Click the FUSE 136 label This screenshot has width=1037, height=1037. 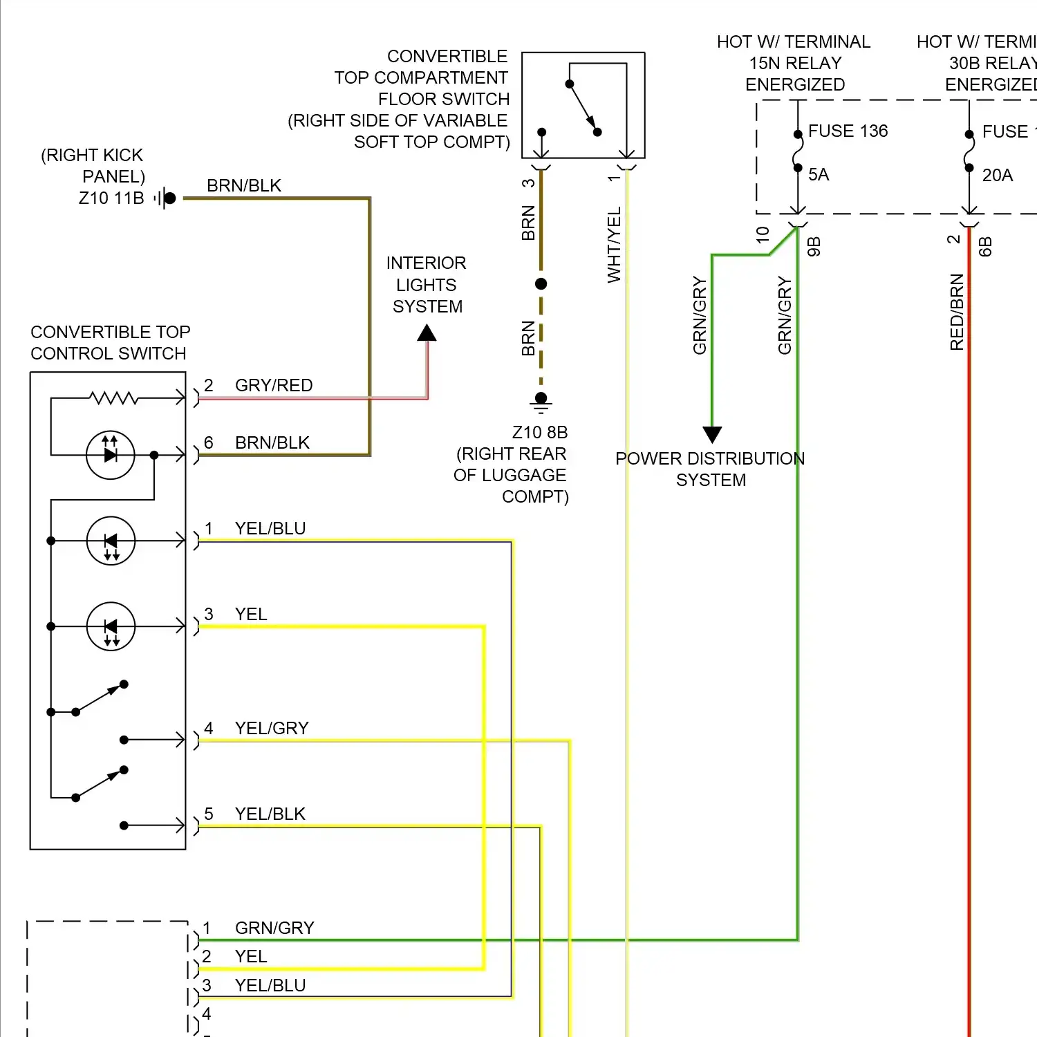pyautogui.click(x=848, y=131)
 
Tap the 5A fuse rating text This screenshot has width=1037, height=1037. pyautogui.click(x=819, y=175)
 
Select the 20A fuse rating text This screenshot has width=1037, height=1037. pyautogui.click(x=997, y=176)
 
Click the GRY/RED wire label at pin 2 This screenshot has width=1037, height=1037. pyautogui.click(x=274, y=386)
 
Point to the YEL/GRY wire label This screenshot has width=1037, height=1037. pyautogui.click(x=272, y=729)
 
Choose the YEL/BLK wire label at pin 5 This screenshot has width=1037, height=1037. pyautogui.click(x=270, y=814)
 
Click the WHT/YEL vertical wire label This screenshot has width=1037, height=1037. pyautogui.click(x=614, y=245)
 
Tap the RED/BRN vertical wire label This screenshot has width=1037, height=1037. pyautogui.click(x=957, y=312)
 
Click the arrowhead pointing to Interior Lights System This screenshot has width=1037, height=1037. pyautogui.click(x=427, y=333)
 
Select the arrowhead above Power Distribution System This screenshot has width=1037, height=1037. pyautogui.click(x=712, y=434)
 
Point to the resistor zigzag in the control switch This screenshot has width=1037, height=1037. pyautogui.click(x=114, y=398)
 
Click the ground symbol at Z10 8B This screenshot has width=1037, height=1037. pyautogui.click(x=541, y=402)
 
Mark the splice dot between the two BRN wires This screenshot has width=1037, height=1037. pyautogui.click(x=541, y=284)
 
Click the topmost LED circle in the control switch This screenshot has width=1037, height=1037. pyautogui.click(x=110, y=455)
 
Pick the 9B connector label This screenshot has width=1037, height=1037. pyautogui.click(x=814, y=247)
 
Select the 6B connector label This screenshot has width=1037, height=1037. pyautogui.click(x=986, y=247)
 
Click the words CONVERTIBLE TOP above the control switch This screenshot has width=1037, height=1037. pyautogui.click(x=110, y=333)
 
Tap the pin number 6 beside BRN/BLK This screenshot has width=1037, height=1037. pyautogui.click(x=208, y=443)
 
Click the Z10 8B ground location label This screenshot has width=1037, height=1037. pyautogui.click(x=539, y=433)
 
